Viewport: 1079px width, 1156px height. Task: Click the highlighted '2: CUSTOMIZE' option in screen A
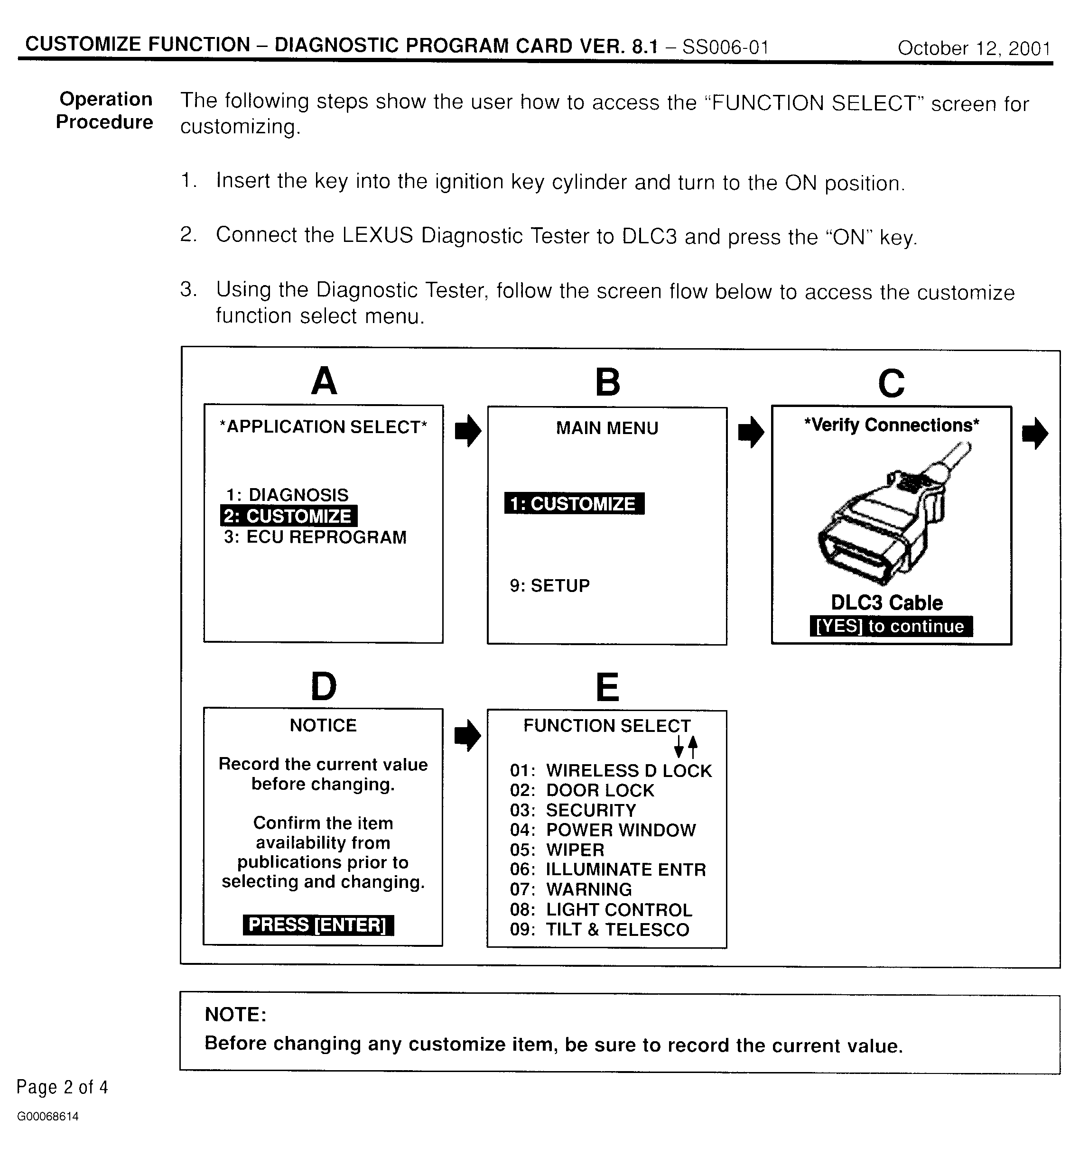(288, 516)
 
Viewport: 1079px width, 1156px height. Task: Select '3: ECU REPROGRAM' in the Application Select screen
(315, 537)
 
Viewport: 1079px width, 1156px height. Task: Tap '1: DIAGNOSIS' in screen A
(288, 495)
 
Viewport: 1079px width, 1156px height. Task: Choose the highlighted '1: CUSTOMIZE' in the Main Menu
(574, 504)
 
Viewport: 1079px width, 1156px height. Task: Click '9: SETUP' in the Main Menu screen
(549, 585)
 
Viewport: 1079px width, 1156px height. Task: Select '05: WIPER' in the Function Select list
(557, 850)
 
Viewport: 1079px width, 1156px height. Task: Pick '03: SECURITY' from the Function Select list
(573, 811)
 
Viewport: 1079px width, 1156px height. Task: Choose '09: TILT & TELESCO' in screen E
(599, 929)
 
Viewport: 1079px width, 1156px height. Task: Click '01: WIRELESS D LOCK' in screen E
(611, 770)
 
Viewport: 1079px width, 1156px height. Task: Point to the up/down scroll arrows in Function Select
(685, 746)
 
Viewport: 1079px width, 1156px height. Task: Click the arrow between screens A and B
(468, 431)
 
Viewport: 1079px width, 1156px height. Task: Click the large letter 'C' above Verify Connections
(891, 383)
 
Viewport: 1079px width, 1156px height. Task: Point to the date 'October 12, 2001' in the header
(974, 48)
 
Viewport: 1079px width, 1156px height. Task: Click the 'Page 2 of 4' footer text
(62, 1087)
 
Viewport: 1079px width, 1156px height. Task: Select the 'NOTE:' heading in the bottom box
(235, 1014)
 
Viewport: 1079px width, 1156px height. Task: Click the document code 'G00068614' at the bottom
(48, 1117)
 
